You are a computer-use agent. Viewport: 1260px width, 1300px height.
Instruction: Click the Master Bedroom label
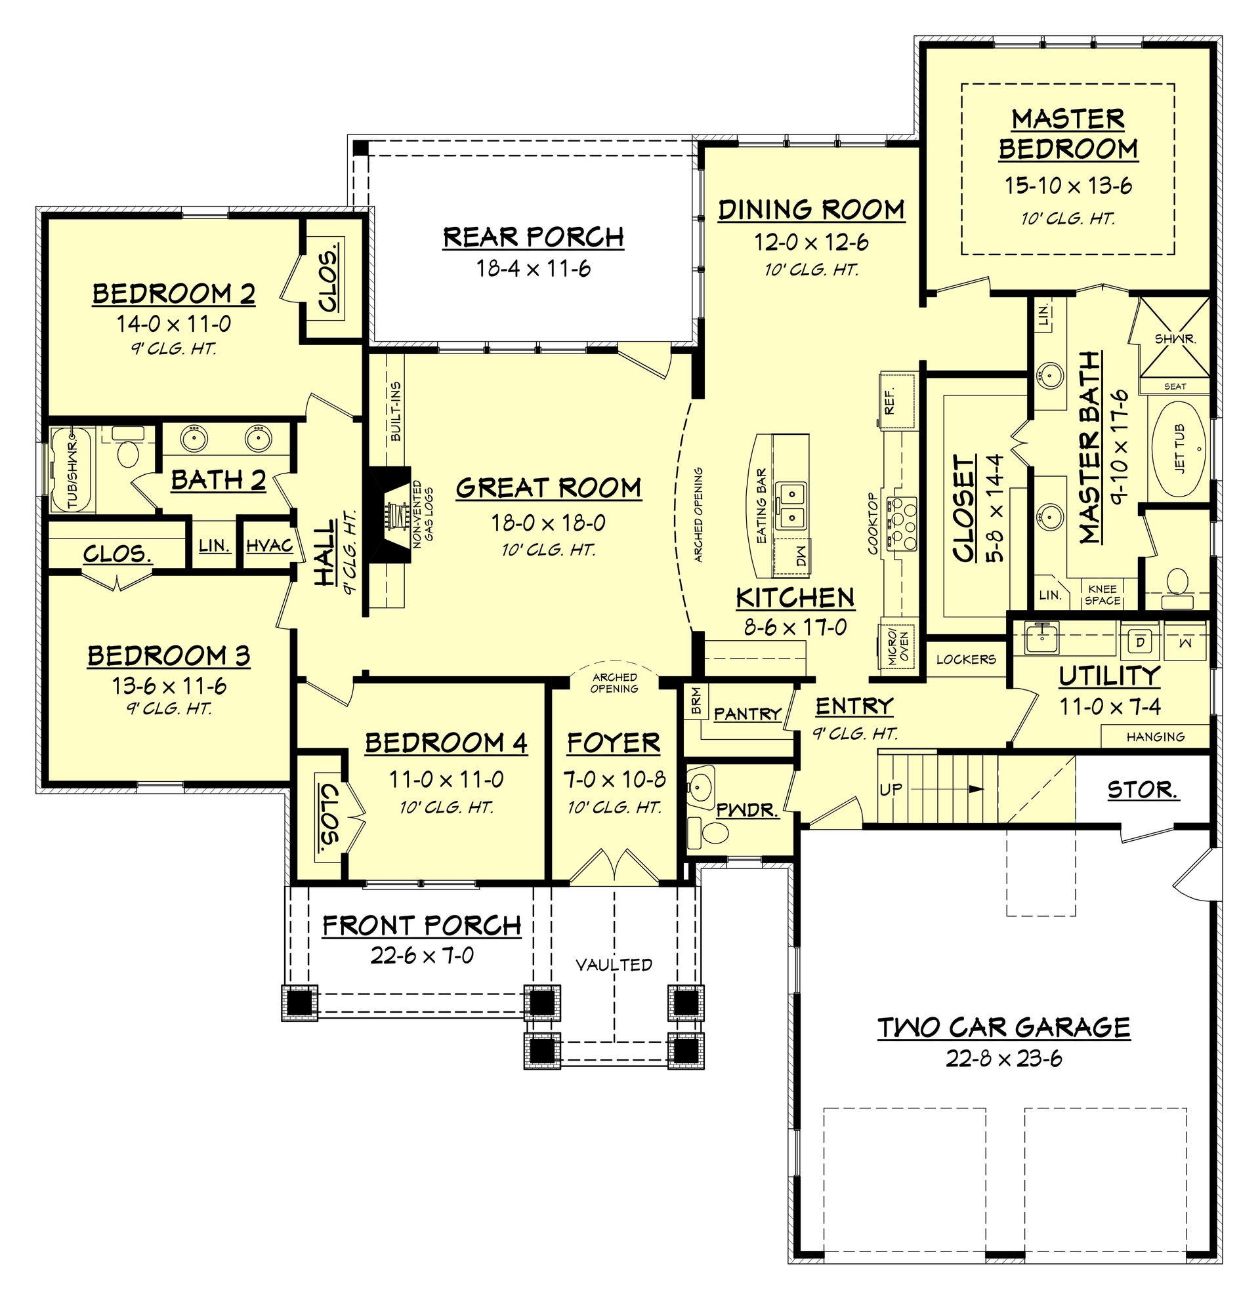1068,134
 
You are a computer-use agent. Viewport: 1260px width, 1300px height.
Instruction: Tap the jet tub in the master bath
1179,449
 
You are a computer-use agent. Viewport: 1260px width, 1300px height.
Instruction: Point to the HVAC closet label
268,546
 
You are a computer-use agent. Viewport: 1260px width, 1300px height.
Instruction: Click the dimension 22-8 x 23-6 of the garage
1003,1059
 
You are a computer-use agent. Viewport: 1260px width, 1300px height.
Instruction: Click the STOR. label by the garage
1142,790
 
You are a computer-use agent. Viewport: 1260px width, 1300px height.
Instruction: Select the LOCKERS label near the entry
965,659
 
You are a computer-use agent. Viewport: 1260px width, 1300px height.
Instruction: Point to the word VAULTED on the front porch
614,964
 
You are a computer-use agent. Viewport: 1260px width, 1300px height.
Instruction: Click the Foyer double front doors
614,866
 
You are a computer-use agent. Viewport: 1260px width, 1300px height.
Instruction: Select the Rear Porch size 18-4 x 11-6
533,269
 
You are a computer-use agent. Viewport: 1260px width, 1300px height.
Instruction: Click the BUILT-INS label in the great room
396,411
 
